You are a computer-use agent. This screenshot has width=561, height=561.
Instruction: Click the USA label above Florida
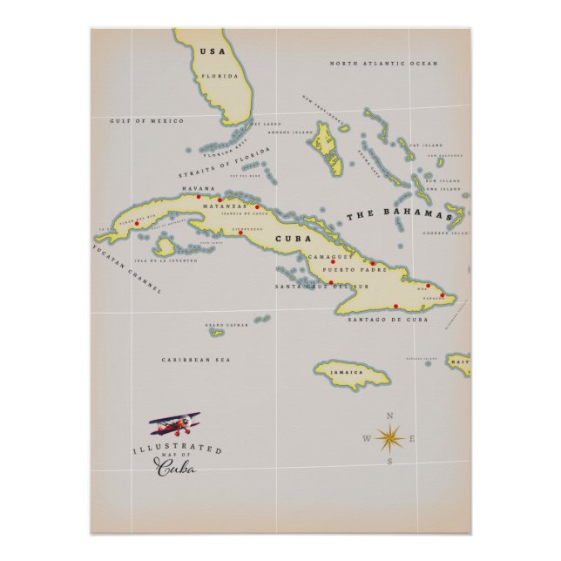point(212,51)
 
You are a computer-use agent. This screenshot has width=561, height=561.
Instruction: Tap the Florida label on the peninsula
point(220,76)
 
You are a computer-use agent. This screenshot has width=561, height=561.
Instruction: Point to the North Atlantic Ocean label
point(383,64)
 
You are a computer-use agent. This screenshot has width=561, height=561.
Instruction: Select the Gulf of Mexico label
point(146,120)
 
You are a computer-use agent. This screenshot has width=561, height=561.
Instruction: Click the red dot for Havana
point(199,197)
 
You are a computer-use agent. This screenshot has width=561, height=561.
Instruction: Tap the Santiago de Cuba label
point(388,320)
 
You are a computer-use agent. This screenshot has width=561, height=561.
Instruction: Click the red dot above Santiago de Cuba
point(396,306)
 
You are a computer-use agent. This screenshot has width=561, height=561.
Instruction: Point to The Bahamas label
point(405,214)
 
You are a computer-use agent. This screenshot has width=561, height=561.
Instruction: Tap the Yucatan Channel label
point(127,268)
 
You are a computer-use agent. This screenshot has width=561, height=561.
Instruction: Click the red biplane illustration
point(175,425)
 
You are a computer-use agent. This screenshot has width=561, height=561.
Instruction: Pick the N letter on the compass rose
point(389,416)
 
